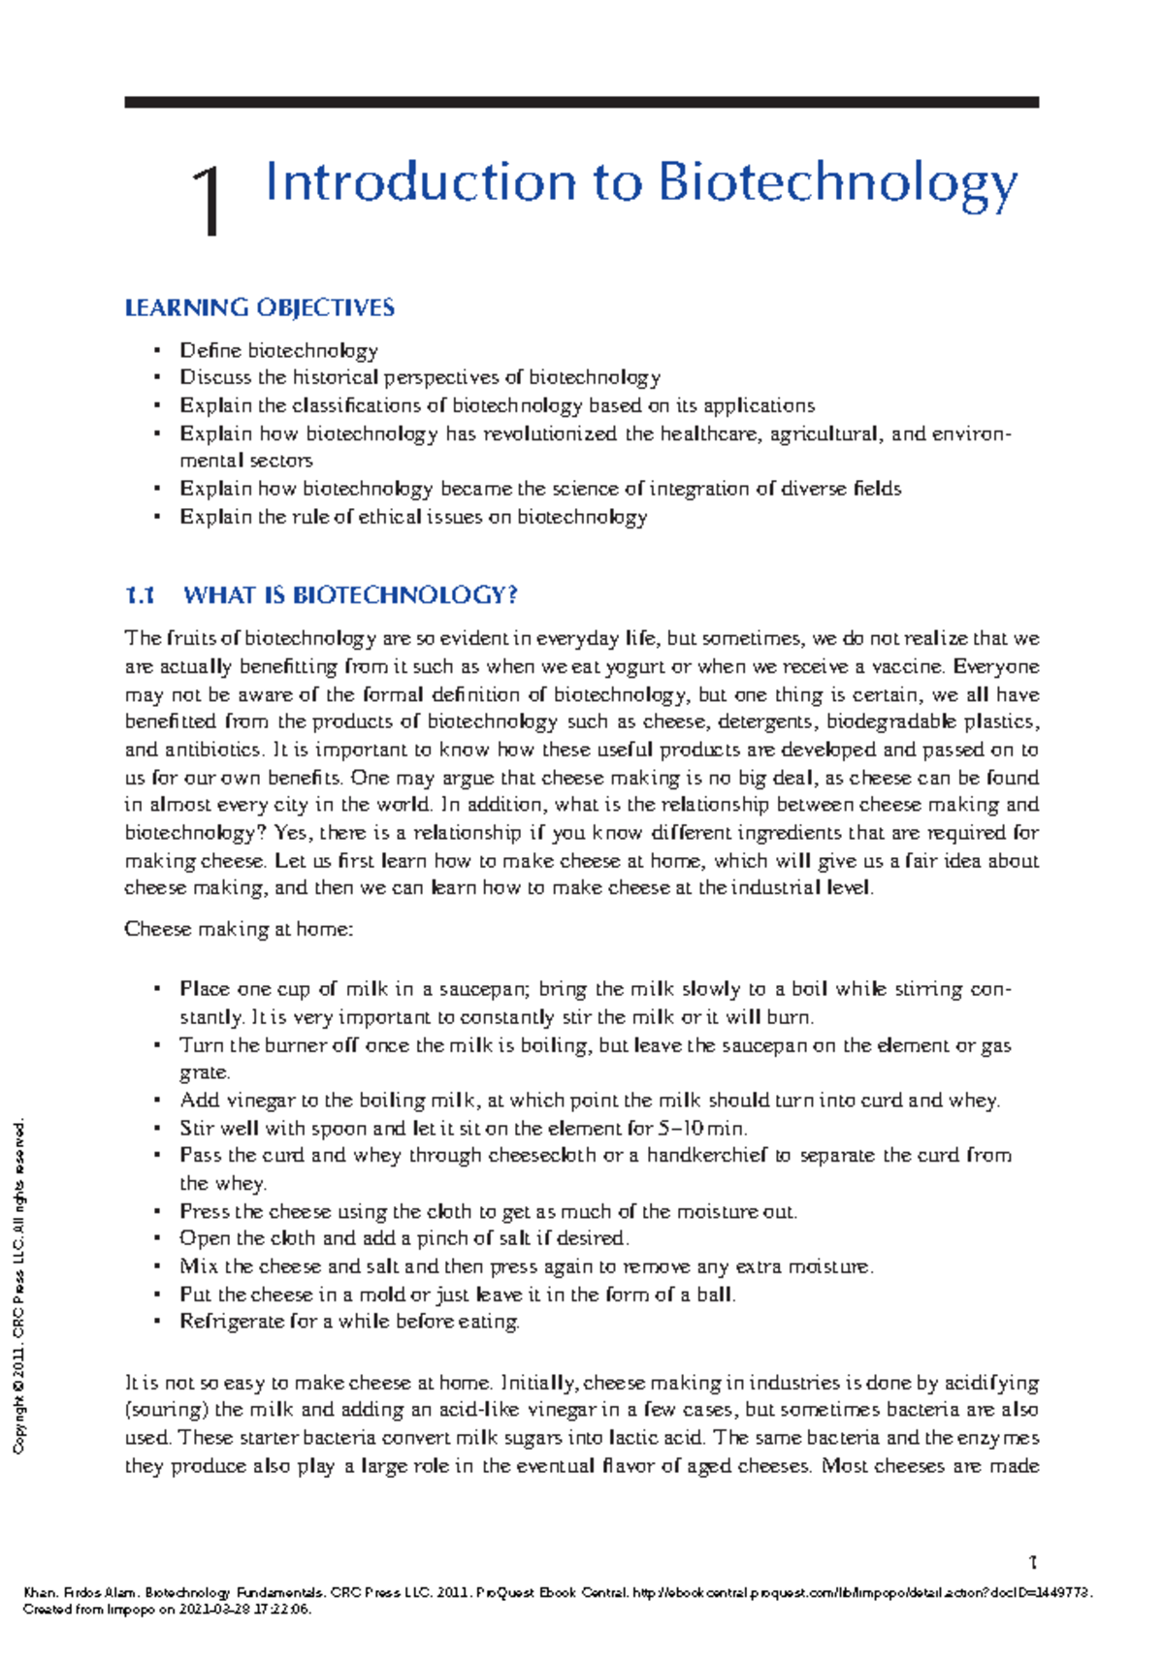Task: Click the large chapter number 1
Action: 207,201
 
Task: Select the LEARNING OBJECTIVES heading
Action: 259,308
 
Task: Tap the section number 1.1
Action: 140,595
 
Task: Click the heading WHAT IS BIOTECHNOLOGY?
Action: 350,595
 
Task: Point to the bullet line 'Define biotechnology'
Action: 278,350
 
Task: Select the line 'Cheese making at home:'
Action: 239,929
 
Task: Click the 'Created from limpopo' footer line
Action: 166,1609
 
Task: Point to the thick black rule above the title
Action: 581,102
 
